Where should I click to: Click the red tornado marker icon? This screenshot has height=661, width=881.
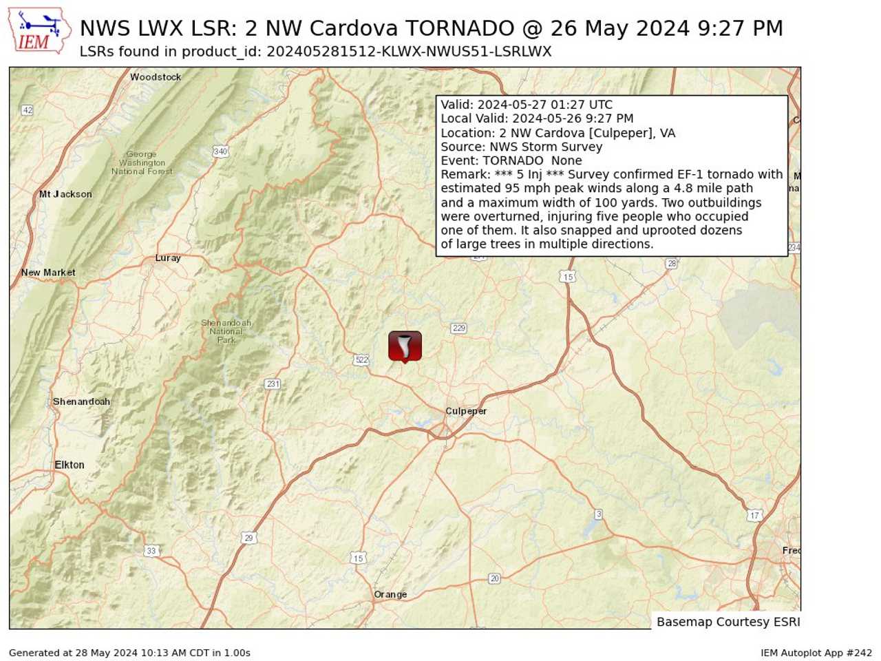[405, 346]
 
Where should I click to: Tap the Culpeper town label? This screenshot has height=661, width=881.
[466, 411]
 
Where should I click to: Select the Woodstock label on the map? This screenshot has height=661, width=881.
[156, 77]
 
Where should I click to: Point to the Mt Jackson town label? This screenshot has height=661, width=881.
[65, 194]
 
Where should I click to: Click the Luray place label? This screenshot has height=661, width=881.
[168, 258]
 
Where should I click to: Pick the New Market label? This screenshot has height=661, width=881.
[48, 273]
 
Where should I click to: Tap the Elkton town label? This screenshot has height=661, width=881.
[70, 465]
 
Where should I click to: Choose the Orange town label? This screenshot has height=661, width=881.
[390, 594]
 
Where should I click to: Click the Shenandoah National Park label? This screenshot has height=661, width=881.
[226, 331]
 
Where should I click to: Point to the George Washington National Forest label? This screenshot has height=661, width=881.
[142, 163]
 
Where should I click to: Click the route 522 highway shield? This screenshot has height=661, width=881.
[361, 359]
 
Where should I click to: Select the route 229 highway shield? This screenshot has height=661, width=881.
[459, 328]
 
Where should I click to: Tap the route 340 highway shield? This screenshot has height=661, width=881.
[220, 151]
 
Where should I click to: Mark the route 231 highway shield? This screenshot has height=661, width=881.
[273, 384]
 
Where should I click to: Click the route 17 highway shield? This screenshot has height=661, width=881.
[755, 515]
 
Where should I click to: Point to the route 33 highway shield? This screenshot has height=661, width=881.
[151, 550]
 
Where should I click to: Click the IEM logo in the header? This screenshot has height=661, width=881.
[39, 32]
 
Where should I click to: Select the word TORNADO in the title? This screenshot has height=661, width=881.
[459, 28]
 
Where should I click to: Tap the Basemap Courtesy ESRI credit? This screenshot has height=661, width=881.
[728, 622]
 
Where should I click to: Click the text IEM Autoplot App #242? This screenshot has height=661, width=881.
[816, 653]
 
